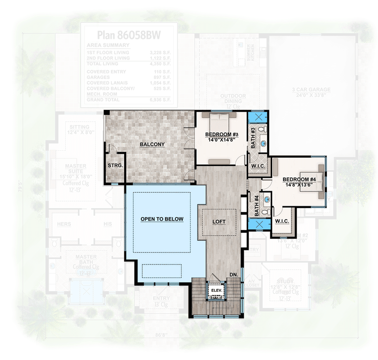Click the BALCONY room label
click(152, 144)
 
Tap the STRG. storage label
click(115, 166)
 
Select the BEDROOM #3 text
click(222, 135)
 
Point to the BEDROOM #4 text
click(299, 179)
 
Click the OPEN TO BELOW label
click(162, 220)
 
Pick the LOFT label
click(219, 221)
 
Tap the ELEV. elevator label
click(217, 290)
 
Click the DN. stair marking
click(233, 274)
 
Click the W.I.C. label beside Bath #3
click(258, 167)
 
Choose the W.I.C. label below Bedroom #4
click(282, 221)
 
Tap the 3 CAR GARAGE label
click(310, 89)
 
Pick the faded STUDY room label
click(286, 282)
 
